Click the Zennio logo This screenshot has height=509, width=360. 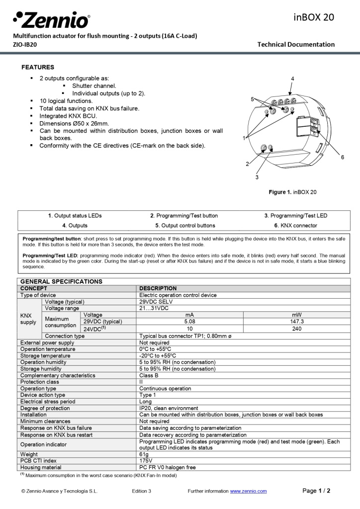(x=52, y=20)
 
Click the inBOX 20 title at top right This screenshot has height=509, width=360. (x=314, y=17)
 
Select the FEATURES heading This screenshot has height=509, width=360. (x=38, y=67)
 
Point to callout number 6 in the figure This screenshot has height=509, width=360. (x=342, y=157)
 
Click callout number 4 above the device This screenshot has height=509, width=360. (x=292, y=79)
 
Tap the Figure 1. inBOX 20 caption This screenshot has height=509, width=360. (x=292, y=192)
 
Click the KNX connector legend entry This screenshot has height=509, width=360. (x=295, y=225)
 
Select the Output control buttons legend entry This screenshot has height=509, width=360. (x=185, y=225)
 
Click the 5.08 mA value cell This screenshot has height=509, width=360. (x=189, y=322)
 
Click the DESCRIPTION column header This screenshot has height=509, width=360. (x=158, y=288)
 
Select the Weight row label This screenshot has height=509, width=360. (x=29, y=454)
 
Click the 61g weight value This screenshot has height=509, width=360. (x=144, y=454)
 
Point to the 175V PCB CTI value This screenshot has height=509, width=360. (x=146, y=461)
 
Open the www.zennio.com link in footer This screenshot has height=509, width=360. (x=248, y=491)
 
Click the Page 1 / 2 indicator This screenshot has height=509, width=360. (x=316, y=491)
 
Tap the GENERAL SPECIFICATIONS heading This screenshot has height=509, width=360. (x=61, y=281)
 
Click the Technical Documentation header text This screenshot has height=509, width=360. (x=296, y=44)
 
